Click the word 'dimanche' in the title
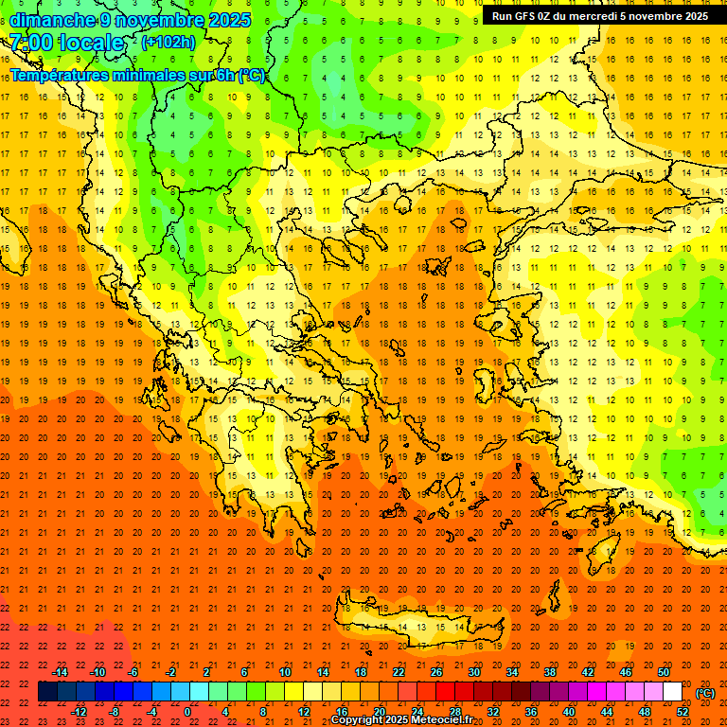point(52,20)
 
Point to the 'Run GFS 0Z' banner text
point(523,16)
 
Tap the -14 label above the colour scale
point(60,672)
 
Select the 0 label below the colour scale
point(187,712)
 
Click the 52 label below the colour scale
point(683,712)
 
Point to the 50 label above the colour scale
point(664,672)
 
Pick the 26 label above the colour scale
point(436,672)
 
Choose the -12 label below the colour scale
point(80,712)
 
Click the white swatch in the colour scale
point(673,692)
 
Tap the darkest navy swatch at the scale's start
point(47,692)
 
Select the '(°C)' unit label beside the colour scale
point(705,693)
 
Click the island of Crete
point(417,625)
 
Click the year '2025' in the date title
point(230,20)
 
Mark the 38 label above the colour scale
point(550,672)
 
